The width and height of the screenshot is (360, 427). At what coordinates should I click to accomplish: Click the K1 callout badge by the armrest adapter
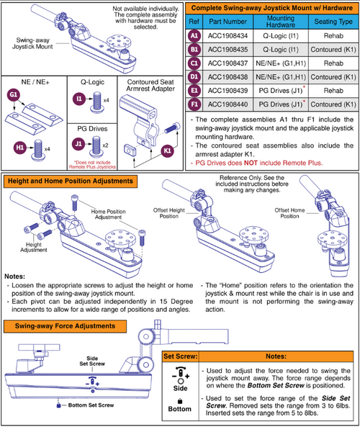click(167, 153)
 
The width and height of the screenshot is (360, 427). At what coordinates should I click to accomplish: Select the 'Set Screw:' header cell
click(177, 356)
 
